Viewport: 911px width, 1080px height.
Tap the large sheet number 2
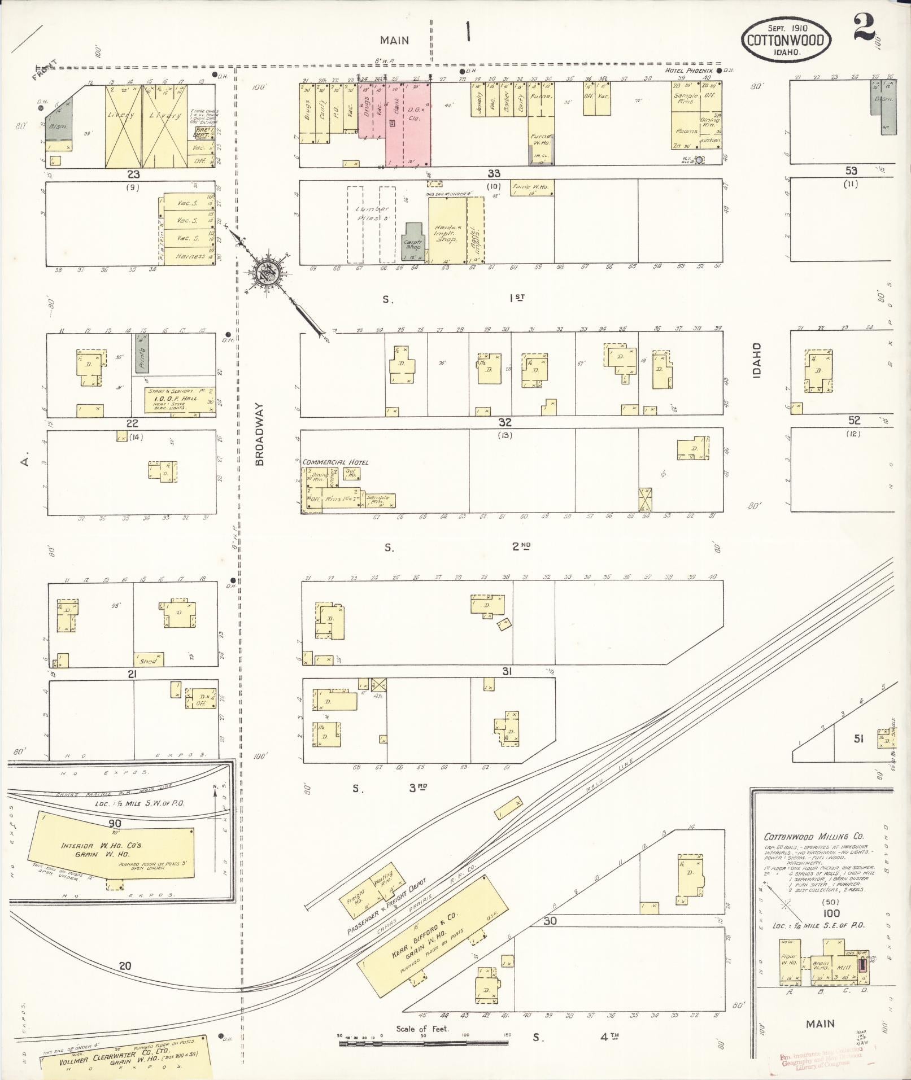[864, 27]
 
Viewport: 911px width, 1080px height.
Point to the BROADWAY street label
[259, 434]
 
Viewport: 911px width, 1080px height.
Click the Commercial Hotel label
[335, 462]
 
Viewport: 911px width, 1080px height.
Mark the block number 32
[504, 422]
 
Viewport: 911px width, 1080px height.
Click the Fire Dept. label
[200, 134]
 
